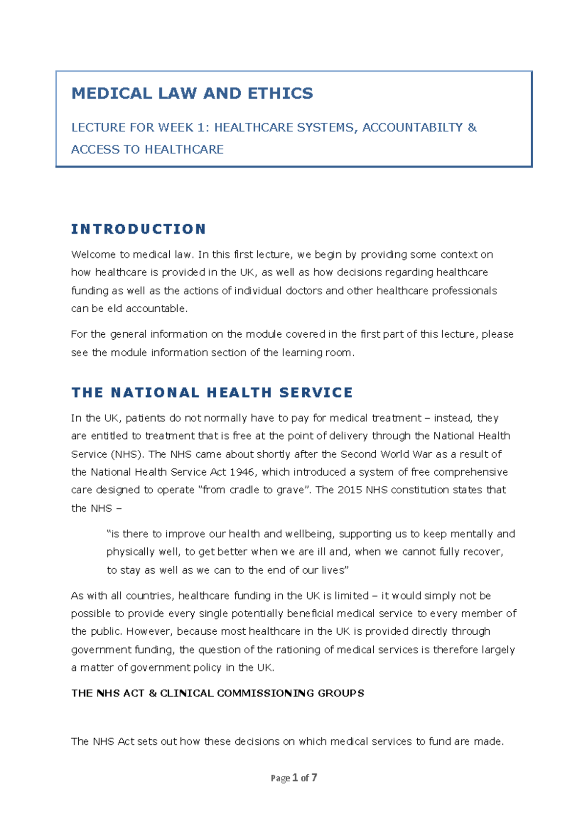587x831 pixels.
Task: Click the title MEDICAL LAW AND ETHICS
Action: pos(192,93)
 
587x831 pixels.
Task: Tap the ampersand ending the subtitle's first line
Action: pos(472,128)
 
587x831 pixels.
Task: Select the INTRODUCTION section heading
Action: pos(138,229)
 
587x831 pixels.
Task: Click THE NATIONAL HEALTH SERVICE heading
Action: pos(212,392)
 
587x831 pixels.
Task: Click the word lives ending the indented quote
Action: pos(333,570)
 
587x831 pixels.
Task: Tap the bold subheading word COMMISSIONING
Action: pos(265,693)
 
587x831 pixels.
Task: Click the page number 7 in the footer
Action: pos(314,777)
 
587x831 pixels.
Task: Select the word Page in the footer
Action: pos(280,778)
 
